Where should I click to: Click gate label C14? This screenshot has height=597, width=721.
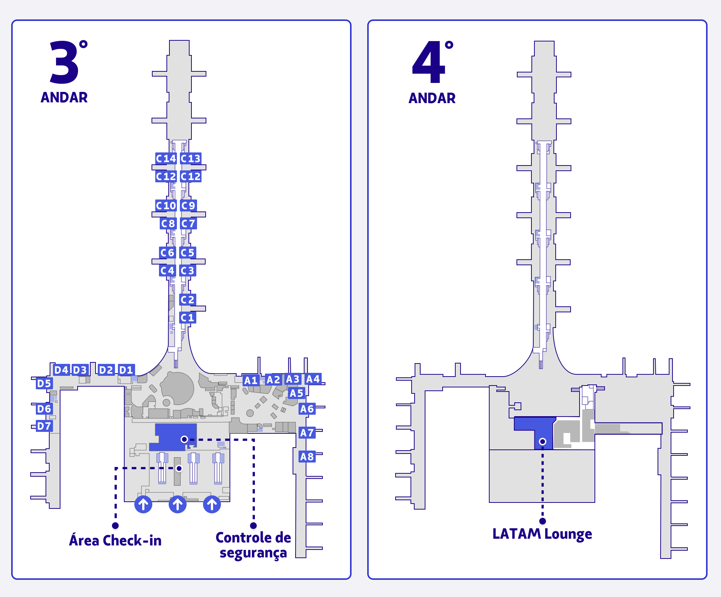[x=166, y=158]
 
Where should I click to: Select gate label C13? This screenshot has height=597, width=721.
[x=190, y=158]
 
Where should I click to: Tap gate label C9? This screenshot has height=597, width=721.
[x=188, y=205]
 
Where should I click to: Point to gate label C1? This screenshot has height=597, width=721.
[x=187, y=318]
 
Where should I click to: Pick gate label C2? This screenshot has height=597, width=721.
[x=187, y=300]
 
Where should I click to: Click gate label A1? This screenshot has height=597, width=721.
[x=251, y=380]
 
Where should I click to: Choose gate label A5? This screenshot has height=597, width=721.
[x=296, y=393]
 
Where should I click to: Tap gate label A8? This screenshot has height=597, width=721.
[x=307, y=457]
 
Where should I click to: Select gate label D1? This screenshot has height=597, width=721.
[x=126, y=370]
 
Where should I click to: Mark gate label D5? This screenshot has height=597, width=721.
[x=44, y=383]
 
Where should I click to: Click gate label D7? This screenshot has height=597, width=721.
[x=44, y=426]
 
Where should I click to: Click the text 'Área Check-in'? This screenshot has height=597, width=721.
[x=115, y=541]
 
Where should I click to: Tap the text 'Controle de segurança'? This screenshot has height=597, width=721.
[x=253, y=545]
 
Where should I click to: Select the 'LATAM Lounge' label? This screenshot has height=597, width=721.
[x=542, y=534]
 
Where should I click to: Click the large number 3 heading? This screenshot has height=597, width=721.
[x=64, y=63]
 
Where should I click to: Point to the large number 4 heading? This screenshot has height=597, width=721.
[x=429, y=63]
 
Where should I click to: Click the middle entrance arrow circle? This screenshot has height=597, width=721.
[x=178, y=504]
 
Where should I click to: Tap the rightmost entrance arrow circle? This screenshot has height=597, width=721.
[x=212, y=504]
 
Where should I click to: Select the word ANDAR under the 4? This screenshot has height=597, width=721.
[x=432, y=98]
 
